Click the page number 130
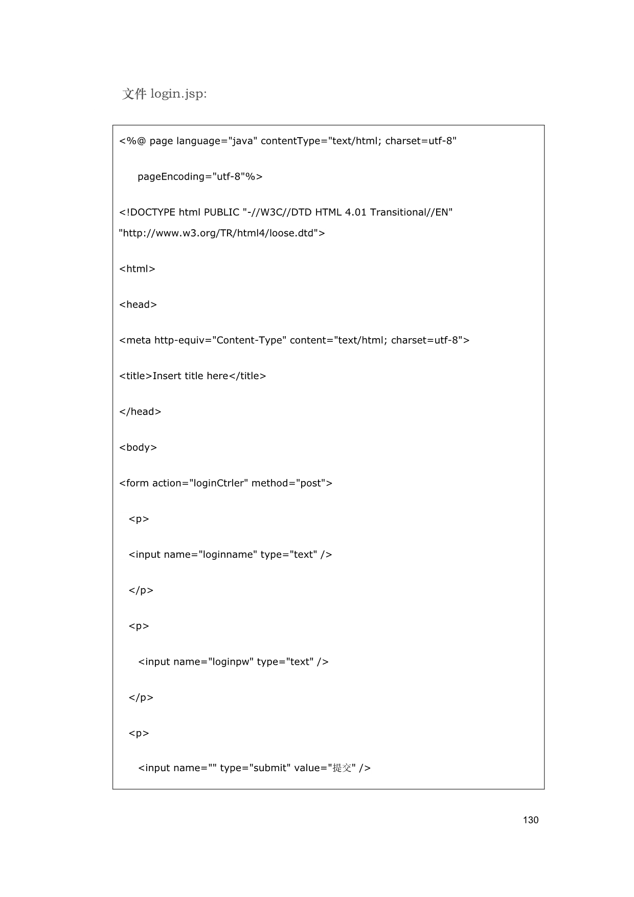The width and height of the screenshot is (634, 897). click(x=530, y=820)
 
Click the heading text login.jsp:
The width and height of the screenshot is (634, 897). click(x=178, y=94)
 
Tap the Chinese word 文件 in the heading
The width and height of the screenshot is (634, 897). click(x=134, y=94)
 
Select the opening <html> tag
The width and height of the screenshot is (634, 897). click(x=137, y=269)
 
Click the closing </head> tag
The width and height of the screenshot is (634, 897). click(x=140, y=412)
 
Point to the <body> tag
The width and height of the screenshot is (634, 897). click(x=138, y=448)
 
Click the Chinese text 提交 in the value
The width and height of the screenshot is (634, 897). click(x=342, y=768)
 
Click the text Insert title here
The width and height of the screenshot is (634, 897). click(x=190, y=376)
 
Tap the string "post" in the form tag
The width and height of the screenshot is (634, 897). click(x=310, y=484)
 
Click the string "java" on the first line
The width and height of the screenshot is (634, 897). click(x=243, y=141)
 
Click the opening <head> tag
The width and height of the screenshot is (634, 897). click(x=138, y=305)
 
